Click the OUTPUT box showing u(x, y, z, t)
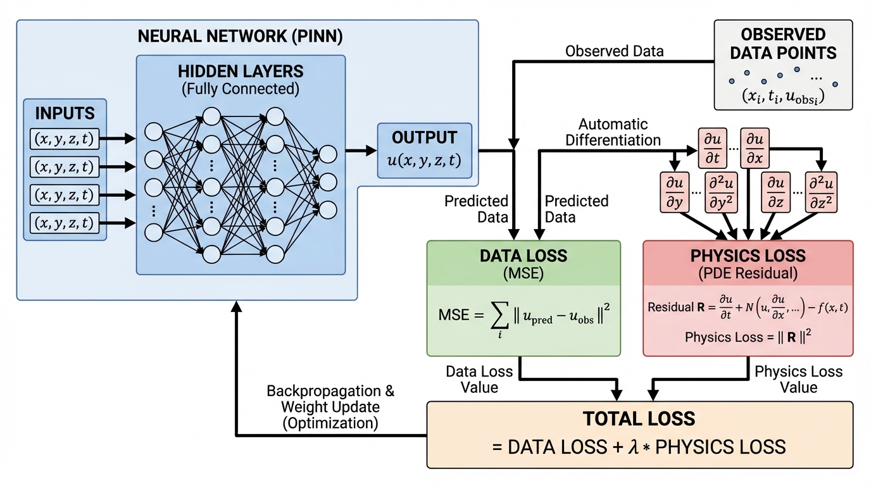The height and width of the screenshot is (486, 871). [424, 150]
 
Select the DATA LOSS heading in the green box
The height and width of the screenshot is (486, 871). [523, 256]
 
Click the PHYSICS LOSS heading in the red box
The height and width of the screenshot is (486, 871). [748, 256]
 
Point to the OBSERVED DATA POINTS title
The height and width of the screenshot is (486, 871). [783, 44]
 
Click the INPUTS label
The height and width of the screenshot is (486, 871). [65, 114]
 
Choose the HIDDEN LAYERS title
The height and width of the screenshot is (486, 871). [241, 70]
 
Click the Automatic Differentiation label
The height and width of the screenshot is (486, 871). [613, 132]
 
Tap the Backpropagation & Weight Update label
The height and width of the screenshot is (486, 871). [330, 407]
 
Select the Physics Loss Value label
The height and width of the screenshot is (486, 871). [798, 379]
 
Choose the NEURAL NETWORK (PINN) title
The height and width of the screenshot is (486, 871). [240, 36]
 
